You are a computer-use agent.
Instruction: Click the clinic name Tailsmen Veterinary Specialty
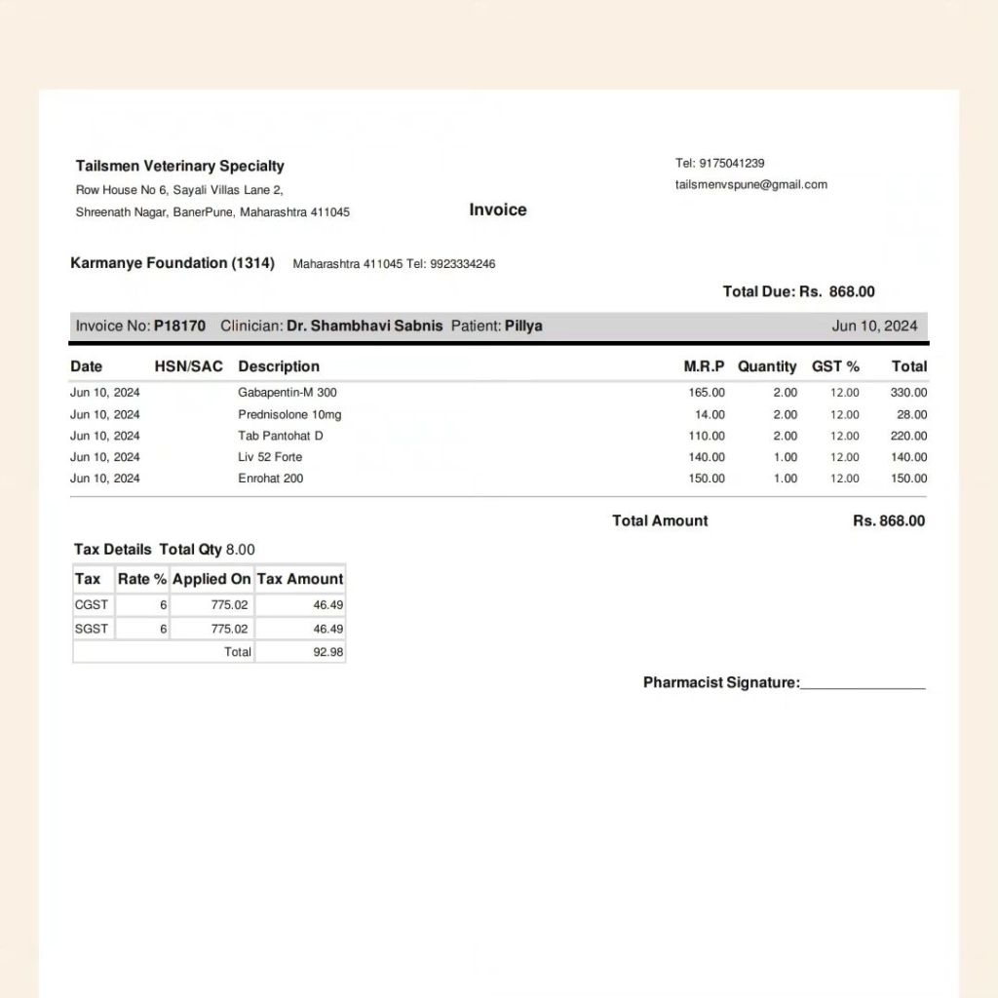pos(180,166)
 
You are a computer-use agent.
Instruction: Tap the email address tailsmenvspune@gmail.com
pos(751,184)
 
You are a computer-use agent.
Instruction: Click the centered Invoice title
pos(498,210)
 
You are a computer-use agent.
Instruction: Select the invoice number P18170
pos(179,326)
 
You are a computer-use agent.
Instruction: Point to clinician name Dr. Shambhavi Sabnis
pos(365,326)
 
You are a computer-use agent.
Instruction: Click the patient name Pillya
pos(523,326)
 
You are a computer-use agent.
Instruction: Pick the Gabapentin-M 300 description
pos(288,393)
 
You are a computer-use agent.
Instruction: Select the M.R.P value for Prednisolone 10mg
pos(710,414)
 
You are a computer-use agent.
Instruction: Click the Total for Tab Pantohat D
pos(908,436)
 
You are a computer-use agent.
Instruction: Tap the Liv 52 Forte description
pos(270,457)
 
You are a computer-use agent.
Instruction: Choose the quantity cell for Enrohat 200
pos(785,479)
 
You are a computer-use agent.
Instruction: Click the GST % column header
pos(835,366)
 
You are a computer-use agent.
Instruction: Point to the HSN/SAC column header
pos(188,366)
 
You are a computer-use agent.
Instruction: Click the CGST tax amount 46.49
pos(327,604)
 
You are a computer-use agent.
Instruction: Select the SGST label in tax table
pos(92,630)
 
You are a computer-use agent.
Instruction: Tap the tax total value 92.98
pos(327,652)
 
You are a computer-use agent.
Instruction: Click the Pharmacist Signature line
pos(862,683)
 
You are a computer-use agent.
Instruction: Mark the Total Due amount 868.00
pos(852,291)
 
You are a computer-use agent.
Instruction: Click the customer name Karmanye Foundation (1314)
pos(173,263)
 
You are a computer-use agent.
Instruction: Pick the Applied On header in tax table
pos(211,579)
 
